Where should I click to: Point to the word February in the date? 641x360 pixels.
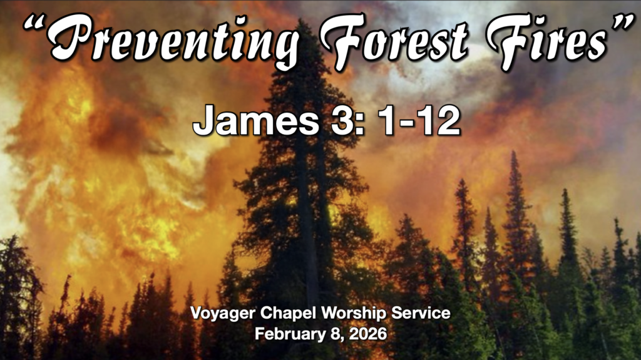point(285,333)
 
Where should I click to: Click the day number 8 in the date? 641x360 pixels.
point(331,333)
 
